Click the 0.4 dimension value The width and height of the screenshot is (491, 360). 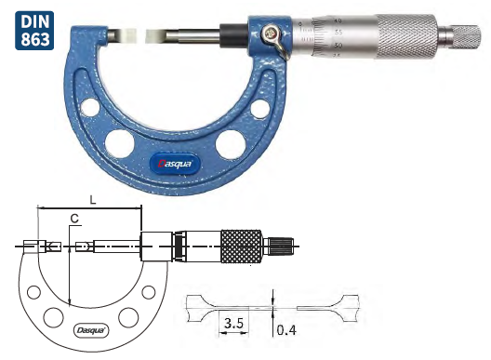[285, 329]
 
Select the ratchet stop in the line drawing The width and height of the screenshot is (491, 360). [281, 247]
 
